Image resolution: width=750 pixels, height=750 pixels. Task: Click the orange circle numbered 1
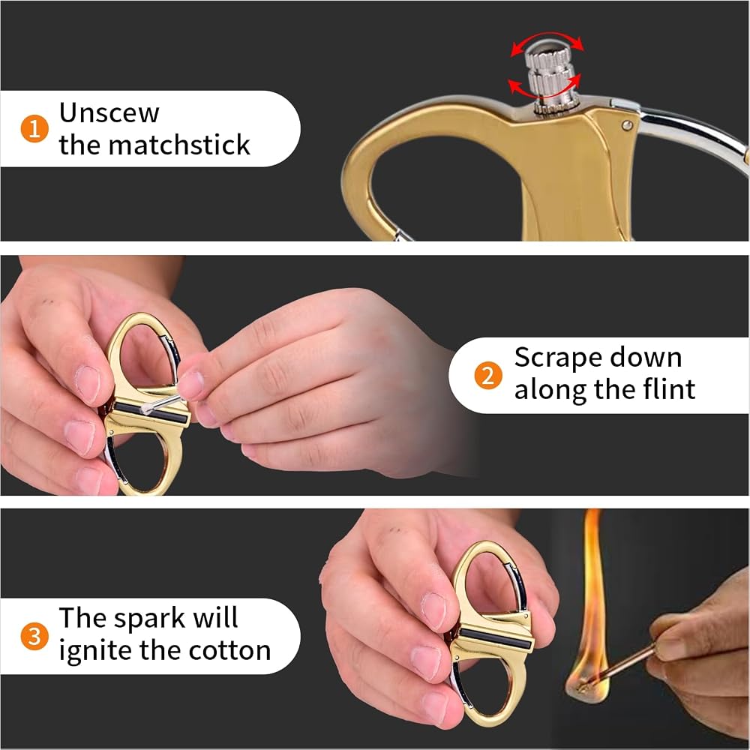pos(34,129)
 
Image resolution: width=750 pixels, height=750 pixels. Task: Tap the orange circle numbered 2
pos(488,376)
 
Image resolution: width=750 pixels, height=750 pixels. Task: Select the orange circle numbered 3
pos(34,637)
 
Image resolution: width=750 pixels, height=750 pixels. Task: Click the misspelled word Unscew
pos(109,113)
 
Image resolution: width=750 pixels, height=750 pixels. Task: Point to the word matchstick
pos(179,145)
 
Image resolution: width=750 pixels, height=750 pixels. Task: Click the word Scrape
pos(555,358)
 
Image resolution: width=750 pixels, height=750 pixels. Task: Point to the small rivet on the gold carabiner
pos(627,125)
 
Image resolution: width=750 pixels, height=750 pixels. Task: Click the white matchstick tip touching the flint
pos(147,408)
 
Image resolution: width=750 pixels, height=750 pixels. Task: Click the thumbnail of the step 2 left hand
pos(88,384)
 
